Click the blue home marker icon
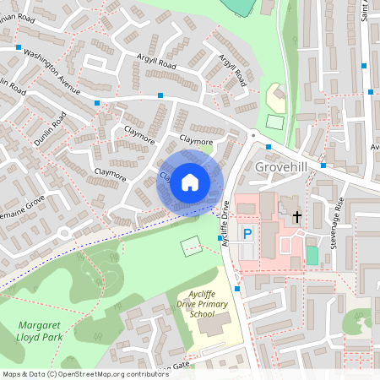190,182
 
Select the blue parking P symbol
247,233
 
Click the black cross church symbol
296,217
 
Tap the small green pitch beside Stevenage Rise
312,255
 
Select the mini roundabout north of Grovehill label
252,134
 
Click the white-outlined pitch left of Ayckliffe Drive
191,246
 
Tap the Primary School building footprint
221,323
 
